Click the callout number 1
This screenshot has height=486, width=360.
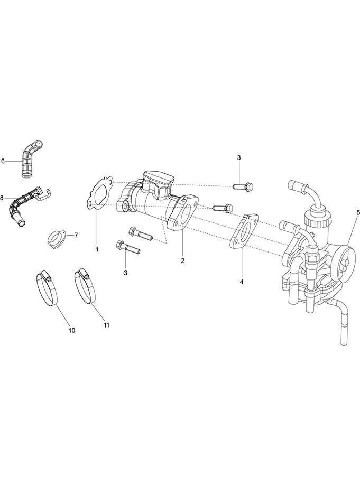(x=97, y=249)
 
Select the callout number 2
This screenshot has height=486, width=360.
(x=182, y=260)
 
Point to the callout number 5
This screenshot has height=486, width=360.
(x=358, y=212)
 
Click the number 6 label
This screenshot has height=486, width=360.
(x=3, y=161)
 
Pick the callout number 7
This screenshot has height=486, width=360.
(x=76, y=235)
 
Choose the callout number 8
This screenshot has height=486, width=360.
(x=2, y=198)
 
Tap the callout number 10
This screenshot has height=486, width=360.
(x=71, y=330)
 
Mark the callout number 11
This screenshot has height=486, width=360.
(x=106, y=325)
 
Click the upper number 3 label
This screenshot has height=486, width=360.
(x=239, y=157)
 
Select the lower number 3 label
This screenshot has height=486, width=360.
(x=126, y=273)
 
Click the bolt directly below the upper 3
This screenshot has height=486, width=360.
(x=243, y=187)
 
